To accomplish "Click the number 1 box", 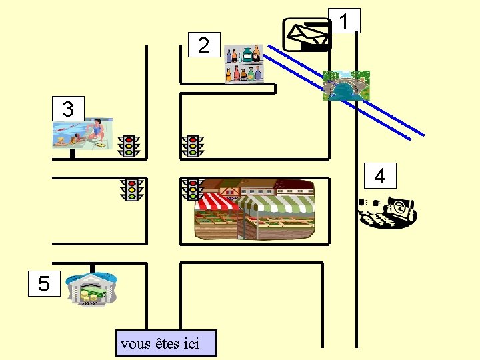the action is coord(344,21).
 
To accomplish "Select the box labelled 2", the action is coord(203,45).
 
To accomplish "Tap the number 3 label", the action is coord(68,109).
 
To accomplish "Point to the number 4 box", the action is coord(379,176).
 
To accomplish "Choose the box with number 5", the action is coord(44,284).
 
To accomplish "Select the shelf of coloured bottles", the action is coord(243,64).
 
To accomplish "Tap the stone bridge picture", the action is coord(346,85).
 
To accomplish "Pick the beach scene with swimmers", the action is coord(83,134).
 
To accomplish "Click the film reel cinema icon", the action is coord(389,211).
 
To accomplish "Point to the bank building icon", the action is coord(92,289).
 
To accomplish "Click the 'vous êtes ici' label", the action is coord(166,344).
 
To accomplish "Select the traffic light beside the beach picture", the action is coord(129,146).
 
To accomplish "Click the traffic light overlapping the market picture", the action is coord(193,189).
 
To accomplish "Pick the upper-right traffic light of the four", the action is coord(193,146).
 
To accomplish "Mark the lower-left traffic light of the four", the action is coord(132,189).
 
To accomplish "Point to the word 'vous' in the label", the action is coord(135,345).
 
